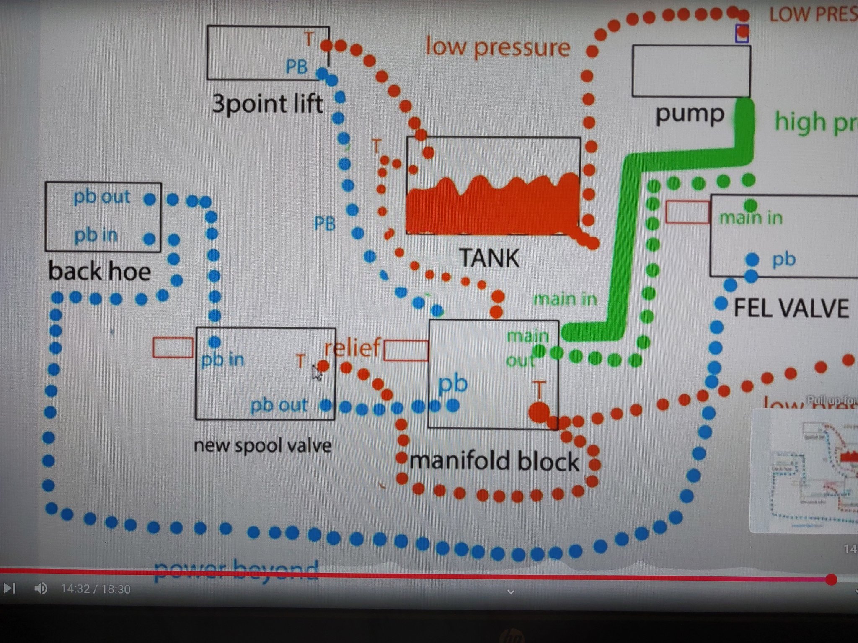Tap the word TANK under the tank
tap(489, 258)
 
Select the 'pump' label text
tap(690, 114)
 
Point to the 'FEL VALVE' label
tap(791, 309)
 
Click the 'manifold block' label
tap(494, 461)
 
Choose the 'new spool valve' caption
tap(262, 445)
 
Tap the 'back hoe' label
tap(100, 271)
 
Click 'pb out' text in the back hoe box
tap(102, 197)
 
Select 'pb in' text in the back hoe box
tap(96, 235)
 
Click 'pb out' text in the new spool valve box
tap(279, 405)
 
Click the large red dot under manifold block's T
tap(539, 412)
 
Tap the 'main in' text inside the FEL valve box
tap(751, 218)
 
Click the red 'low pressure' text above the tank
tap(498, 47)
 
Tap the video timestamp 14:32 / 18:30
tap(96, 589)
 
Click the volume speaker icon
tap(41, 589)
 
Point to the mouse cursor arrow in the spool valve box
tap(317, 373)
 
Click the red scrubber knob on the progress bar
tap(831, 579)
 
